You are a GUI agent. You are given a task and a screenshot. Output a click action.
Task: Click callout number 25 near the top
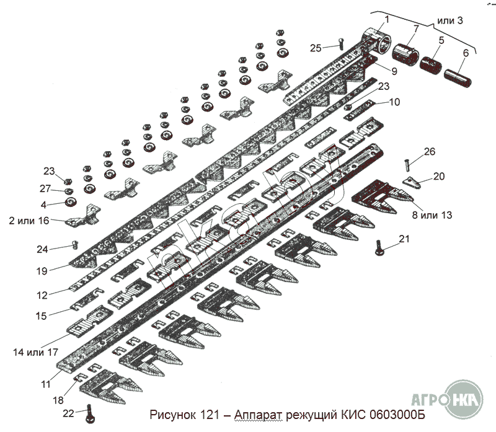(x=316, y=48)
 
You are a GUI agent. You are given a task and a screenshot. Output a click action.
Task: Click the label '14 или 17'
(x=35, y=352)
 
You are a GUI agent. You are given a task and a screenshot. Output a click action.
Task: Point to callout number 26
(x=430, y=151)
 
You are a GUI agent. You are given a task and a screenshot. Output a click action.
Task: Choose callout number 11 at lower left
(x=45, y=384)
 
